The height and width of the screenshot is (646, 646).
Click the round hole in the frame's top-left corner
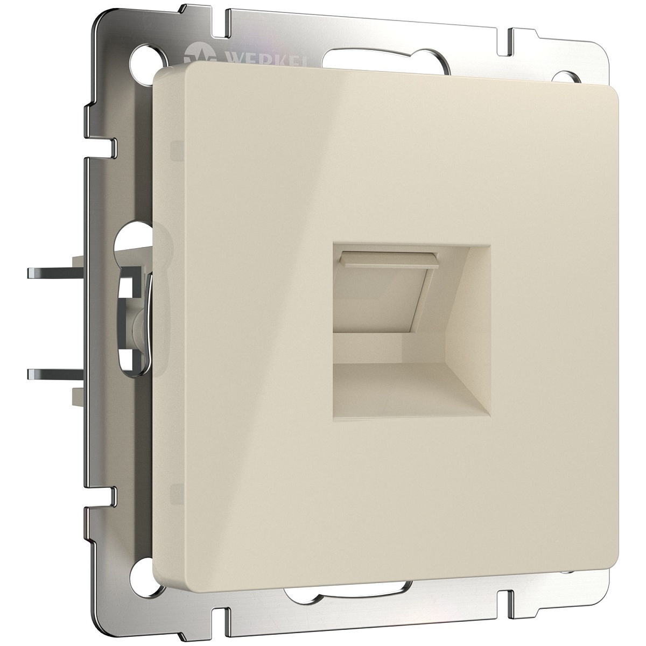point(141,58)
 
